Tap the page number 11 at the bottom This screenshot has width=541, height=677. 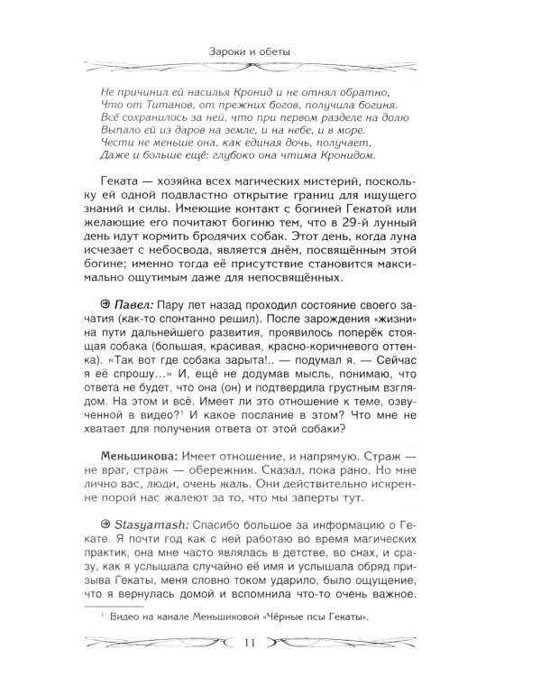[271, 642]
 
